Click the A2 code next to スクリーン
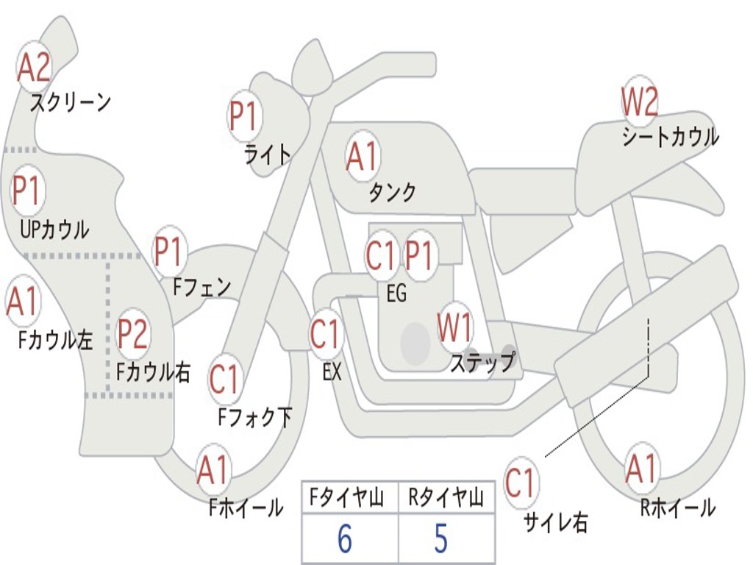tap(34, 68)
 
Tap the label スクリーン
tap(71, 102)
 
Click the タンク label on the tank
tap(392, 193)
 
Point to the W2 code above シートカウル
tap(639, 102)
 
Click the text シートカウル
tap(670, 138)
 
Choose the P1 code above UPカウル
tap(28, 192)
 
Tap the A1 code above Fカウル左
tap(22, 302)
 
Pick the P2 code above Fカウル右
tap(133, 334)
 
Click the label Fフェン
tap(201, 287)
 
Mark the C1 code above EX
tap(325, 335)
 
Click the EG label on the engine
tap(396, 294)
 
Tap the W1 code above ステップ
tap(455, 328)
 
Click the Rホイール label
tap(677, 508)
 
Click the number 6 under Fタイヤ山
tap(344, 539)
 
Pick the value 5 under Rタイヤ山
tap(441, 539)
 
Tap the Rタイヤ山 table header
tap(446, 499)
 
